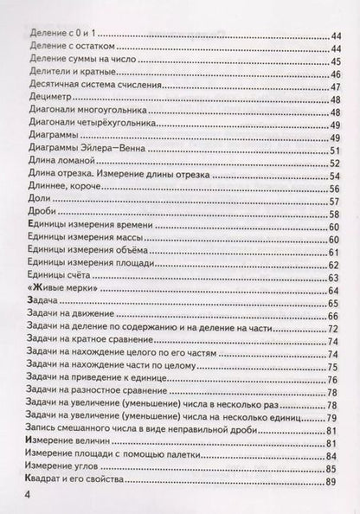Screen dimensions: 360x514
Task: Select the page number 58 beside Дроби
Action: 336,214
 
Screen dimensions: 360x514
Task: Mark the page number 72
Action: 336,331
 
